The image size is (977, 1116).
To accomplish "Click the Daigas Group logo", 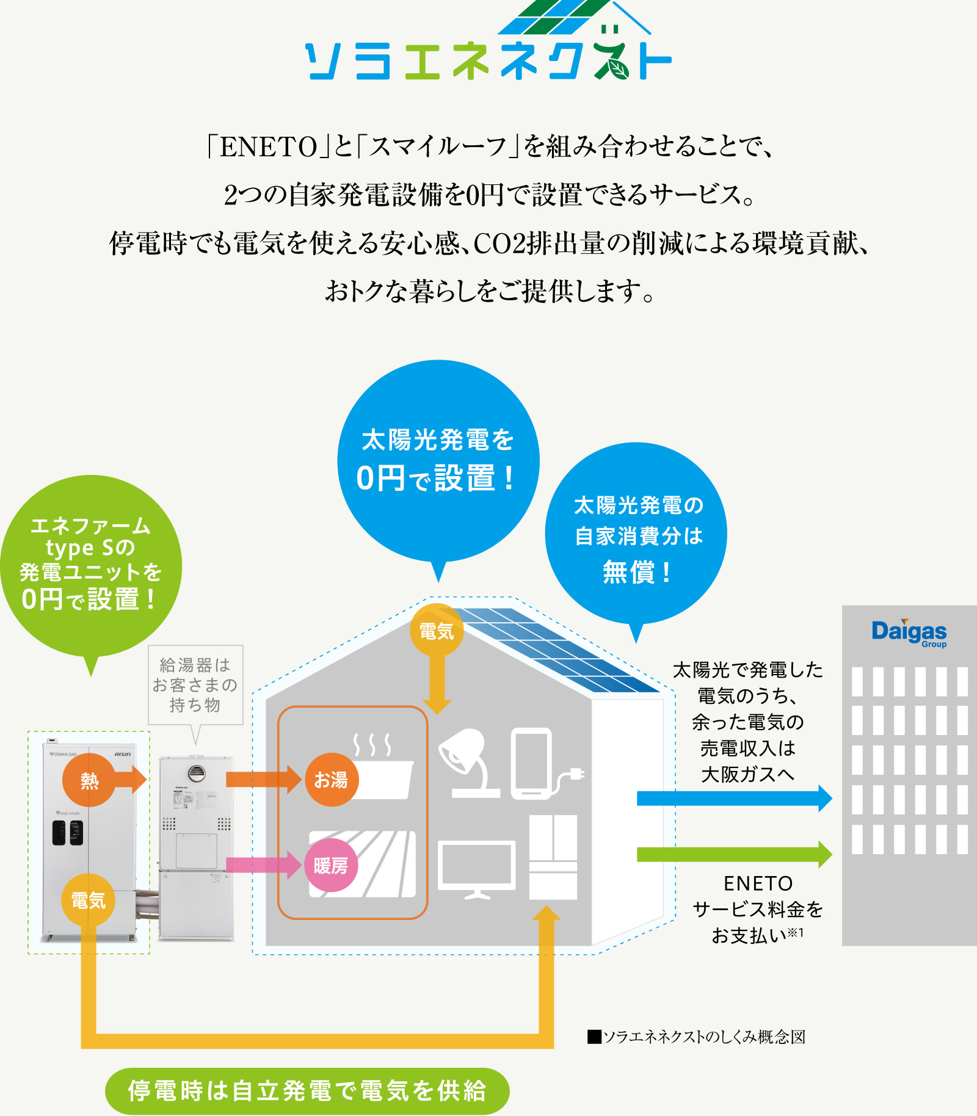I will tap(909, 632).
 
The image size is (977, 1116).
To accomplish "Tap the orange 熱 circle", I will tap(89, 780).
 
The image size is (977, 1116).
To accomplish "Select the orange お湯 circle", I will tap(331, 780).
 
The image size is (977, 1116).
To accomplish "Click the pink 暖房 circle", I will tap(331, 865).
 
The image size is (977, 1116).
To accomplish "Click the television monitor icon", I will tap(477, 868).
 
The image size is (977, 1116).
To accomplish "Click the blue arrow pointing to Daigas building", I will tap(733, 798).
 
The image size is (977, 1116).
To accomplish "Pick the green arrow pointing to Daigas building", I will tap(733, 854).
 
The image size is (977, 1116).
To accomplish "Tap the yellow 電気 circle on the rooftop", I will tap(437, 631).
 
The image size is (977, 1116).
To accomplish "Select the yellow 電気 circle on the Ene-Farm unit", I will tap(89, 900).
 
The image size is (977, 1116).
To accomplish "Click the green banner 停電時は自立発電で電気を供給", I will tap(307, 1091).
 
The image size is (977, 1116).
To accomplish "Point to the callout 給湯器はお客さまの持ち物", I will tap(195, 684).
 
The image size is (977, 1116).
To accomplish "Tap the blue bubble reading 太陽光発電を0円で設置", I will tap(438, 460).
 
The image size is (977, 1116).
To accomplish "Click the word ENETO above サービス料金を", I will tap(758, 883).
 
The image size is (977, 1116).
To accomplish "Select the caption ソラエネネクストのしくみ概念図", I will tap(696, 1037).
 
